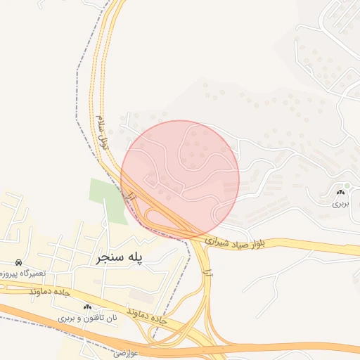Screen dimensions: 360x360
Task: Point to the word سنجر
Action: point(108,258)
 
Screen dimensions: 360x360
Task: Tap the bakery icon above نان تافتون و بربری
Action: point(87,307)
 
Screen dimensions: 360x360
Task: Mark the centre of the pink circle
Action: point(180,179)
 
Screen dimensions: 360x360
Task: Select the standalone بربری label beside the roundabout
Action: point(340,203)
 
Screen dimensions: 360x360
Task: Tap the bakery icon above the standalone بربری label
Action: point(341,192)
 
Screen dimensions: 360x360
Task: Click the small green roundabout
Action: point(346,185)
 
